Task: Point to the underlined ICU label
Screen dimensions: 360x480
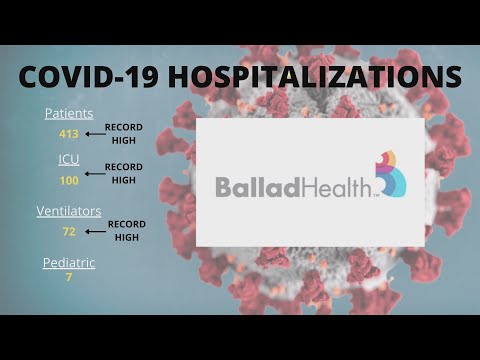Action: click(x=68, y=159)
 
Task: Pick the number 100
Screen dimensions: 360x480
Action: click(x=69, y=179)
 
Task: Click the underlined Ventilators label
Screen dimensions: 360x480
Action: click(x=69, y=211)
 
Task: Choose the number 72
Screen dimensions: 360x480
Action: click(x=69, y=231)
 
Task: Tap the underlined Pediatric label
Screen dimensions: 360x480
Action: click(x=69, y=261)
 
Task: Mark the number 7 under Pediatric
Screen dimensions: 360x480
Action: click(x=69, y=277)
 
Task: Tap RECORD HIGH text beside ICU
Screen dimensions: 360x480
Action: click(x=124, y=173)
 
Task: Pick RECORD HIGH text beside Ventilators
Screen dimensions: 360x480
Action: click(x=127, y=231)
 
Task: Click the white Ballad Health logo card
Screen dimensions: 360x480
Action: click(x=310, y=225)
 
